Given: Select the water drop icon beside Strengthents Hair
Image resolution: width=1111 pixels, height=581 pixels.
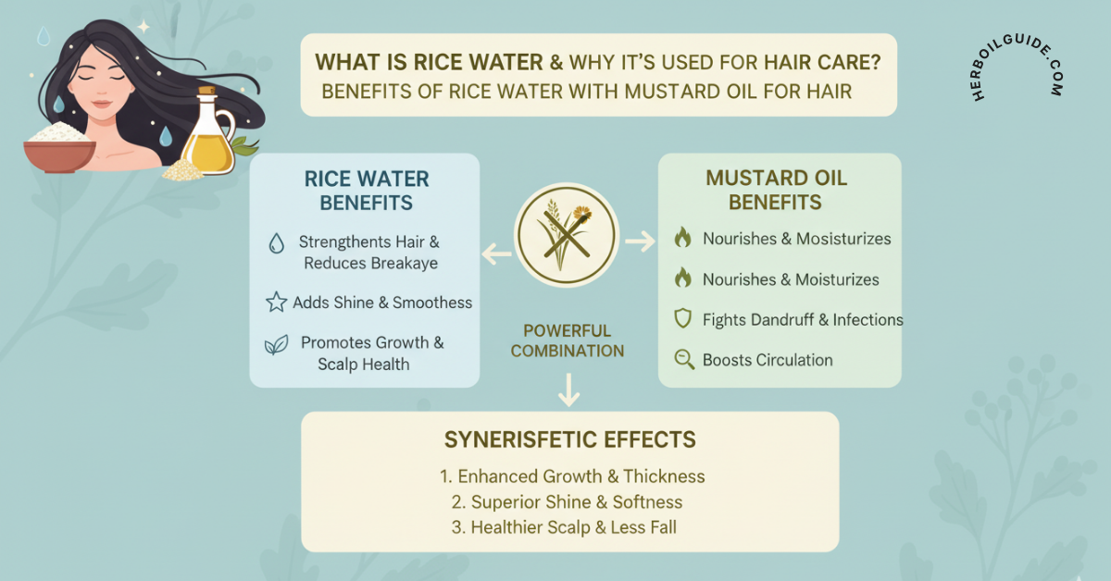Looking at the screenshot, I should (276, 243).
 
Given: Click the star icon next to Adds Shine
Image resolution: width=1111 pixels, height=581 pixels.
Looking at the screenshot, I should (276, 303).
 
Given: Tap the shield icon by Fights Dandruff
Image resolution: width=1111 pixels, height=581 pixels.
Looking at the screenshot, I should (683, 319).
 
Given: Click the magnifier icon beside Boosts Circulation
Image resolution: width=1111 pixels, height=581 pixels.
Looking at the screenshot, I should (684, 360).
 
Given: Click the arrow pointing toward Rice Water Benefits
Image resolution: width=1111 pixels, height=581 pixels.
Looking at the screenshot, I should (496, 249).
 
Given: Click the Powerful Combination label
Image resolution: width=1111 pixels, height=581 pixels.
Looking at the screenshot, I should (568, 340).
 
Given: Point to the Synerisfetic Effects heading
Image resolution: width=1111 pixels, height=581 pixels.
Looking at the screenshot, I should (569, 439).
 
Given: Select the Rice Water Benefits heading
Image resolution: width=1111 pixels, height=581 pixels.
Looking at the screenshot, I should (368, 191).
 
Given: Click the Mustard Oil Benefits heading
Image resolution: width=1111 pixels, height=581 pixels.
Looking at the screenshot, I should (776, 190).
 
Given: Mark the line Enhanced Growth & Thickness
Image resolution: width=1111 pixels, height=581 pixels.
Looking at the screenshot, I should (572, 476).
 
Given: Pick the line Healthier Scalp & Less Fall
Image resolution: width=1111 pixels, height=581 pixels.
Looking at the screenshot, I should (572, 527).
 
